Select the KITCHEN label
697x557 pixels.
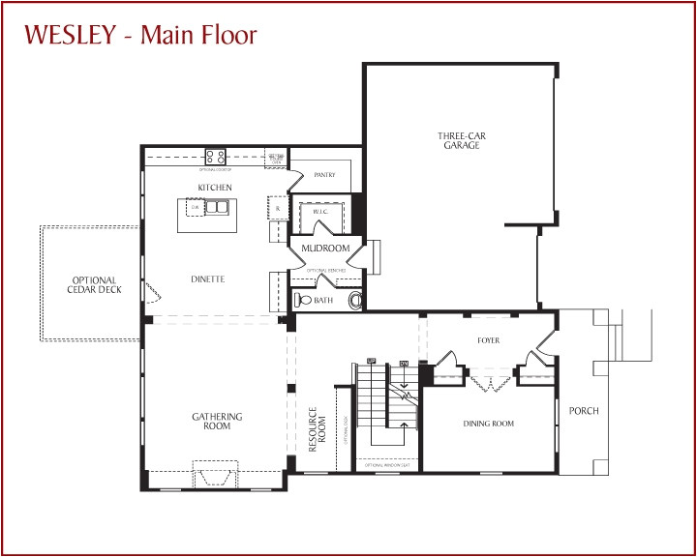click(215, 187)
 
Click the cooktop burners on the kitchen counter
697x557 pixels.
click(215, 156)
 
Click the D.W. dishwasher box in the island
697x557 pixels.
click(195, 207)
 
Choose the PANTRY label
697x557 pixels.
click(324, 175)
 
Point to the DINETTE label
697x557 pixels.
click(208, 279)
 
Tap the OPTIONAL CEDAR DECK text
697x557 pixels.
click(95, 285)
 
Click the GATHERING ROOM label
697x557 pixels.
click(217, 422)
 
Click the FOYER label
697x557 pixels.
click(488, 340)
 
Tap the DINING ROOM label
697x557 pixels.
click(489, 424)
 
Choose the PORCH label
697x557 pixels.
click(584, 411)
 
